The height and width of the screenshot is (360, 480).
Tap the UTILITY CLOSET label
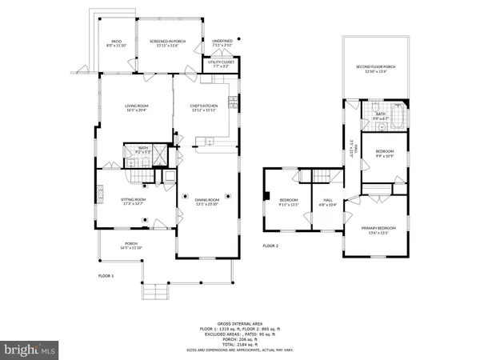(x=219, y=63)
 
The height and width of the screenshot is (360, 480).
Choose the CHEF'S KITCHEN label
(x=204, y=106)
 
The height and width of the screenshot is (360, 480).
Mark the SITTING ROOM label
(x=134, y=201)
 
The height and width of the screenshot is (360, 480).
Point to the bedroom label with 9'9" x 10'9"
(x=385, y=152)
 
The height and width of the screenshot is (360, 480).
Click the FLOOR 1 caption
(x=106, y=275)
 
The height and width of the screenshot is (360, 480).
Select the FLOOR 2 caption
(x=271, y=246)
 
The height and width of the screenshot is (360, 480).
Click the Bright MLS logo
(x=30, y=350)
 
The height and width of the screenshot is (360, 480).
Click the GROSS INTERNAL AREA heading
(x=240, y=321)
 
